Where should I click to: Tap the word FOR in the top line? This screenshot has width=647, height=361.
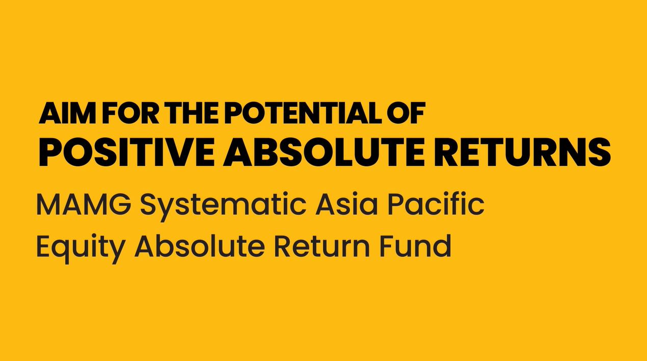pyautogui.click(x=130, y=113)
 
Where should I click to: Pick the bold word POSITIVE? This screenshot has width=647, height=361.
pyautogui.click(x=126, y=152)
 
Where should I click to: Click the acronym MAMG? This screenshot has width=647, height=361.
pyautogui.click(x=84, y=204)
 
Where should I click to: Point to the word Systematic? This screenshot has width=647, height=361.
pyautogui.click(x=223, y=207)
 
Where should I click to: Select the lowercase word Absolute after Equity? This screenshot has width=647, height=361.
pyautogui.click(x=199, y=246)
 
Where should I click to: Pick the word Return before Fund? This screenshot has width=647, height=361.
pyautogui.click(x=322, y=247)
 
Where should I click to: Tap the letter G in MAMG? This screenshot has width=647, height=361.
pyautogui.click(x=119, y=204)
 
